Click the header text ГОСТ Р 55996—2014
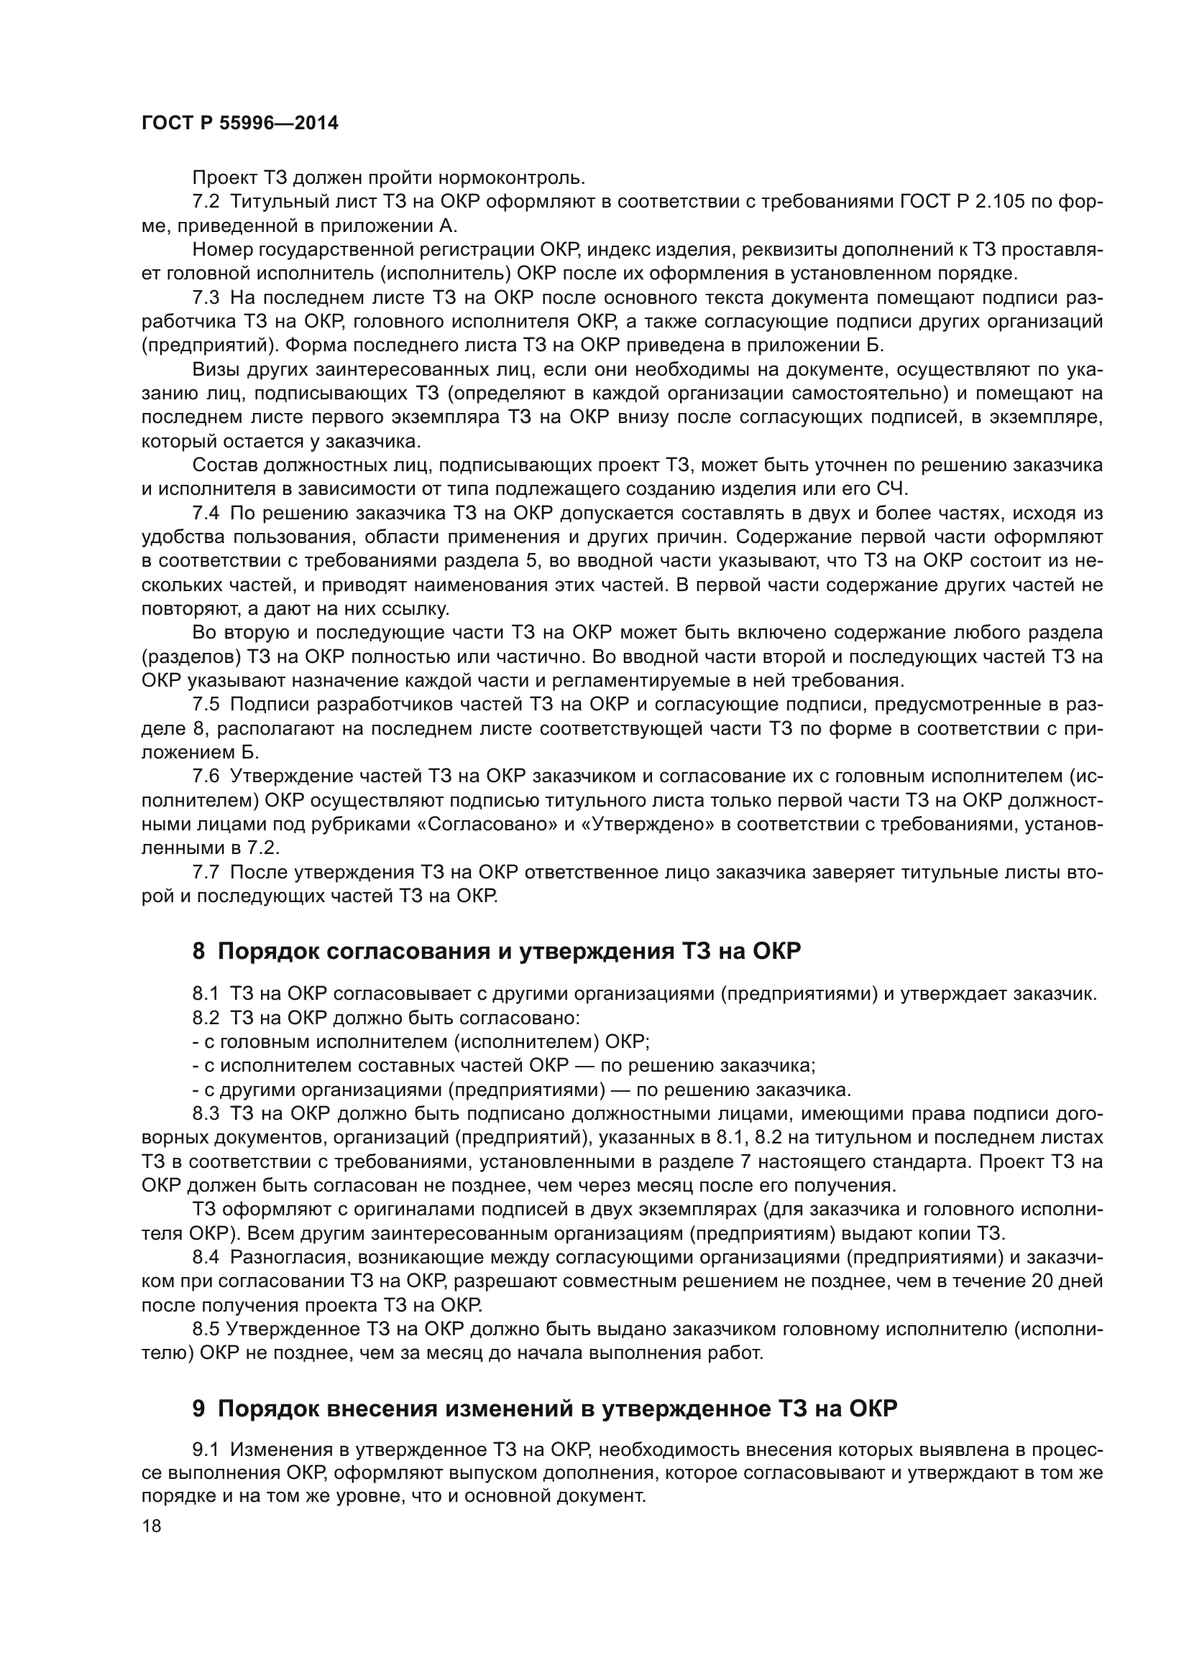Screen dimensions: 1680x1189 [x=239, y=123]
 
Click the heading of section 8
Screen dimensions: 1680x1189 [x=497, y=950]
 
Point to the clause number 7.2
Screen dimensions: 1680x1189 [x=206, y=202]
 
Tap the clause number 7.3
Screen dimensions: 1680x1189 [x=206, y=298]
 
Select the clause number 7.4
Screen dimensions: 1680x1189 [x=206, y=513]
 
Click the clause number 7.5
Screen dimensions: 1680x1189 [x=206, y=705]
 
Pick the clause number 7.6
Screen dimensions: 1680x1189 [x=206, y=776]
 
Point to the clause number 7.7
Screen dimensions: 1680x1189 [x=206, y=872]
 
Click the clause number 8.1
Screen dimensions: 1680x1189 [x=206, y=993]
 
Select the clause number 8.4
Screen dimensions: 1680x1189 [x=206, y=1257]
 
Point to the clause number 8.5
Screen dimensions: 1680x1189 [x=206, y=1329]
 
